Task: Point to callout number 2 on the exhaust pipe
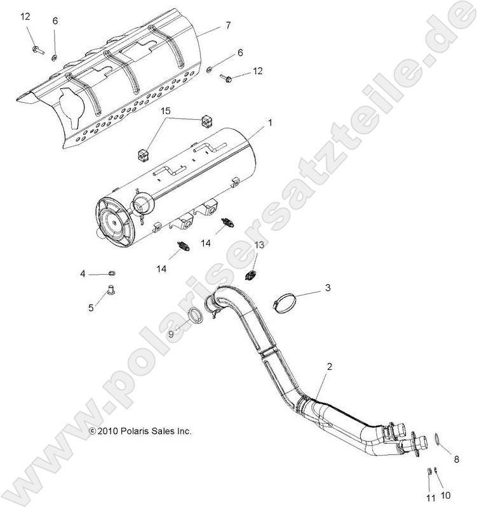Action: pos(329,367)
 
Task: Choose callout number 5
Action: pos(91,307)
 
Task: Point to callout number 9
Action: pos(171,334)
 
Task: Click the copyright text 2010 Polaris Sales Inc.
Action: pos(140,431)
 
